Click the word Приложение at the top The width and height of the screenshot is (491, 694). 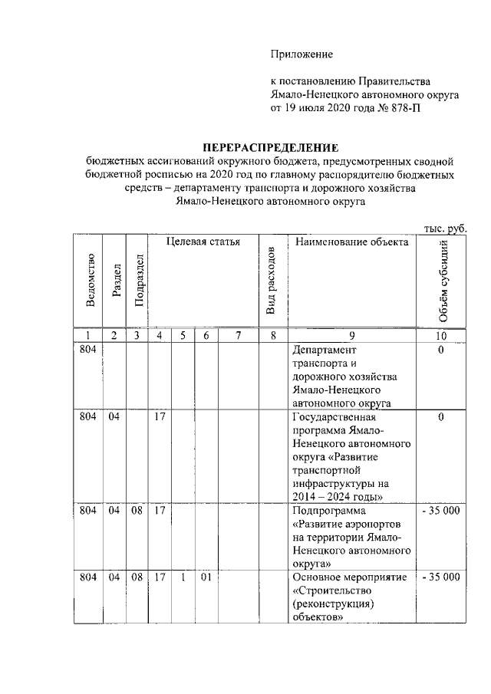click(x=302, y=53)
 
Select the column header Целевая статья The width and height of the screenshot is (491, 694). click(x=203, y=242)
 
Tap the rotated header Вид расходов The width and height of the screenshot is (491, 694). click(x=270, y=281)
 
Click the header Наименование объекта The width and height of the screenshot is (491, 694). click(x=351, y=242)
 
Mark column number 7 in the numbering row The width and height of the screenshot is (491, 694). click(x=238, y=335)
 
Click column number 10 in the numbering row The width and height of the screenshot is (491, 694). click(x=441, y=335)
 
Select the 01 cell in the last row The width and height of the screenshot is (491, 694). click(x=206, y=577)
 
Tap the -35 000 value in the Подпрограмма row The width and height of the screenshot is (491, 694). click(x=441, y=510)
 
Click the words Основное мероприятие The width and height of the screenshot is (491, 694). click(x=350, y=577)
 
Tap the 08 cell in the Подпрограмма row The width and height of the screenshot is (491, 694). click(x=136, y=510)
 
